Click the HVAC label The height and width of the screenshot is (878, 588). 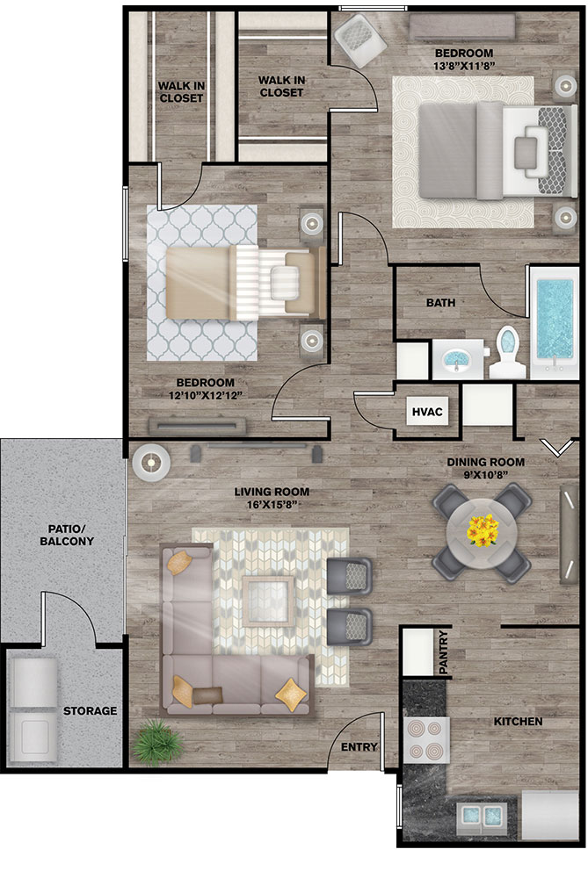point(427,412)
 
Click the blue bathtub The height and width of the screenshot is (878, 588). point(555,319)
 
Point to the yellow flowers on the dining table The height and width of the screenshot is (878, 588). point(483,530)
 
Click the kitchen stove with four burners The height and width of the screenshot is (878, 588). point(426,740)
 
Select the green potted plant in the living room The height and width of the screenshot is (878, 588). point(158,743)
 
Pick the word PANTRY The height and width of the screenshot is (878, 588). point(443,651)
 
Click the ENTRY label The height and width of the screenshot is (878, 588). point(359,747)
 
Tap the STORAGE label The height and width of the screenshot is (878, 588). point(90,711)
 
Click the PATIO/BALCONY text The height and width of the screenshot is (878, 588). point(67,536)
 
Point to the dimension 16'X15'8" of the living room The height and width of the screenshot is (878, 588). point(272,505)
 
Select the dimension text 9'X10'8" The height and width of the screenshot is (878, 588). point(485,475)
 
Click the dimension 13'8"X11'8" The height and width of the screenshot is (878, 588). point(464,66)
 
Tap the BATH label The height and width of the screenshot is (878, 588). point(440,303)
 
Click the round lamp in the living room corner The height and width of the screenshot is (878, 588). point(151,463)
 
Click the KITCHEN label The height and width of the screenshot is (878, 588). point(518,722)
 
